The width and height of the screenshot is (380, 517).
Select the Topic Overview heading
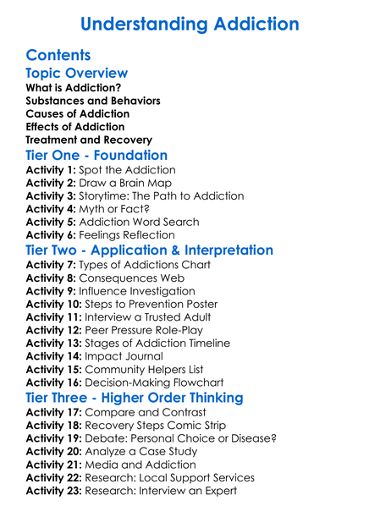[76, 73]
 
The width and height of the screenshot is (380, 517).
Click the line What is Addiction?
[73, 87]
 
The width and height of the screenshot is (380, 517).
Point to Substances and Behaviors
[92, 101]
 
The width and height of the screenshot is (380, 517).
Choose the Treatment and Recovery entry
[89, 140]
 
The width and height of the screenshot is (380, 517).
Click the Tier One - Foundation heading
[96, 155]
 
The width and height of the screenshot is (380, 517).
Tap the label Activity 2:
[50, 183]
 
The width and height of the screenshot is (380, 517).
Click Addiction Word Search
[143, 223]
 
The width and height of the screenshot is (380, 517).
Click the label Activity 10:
[53, 305]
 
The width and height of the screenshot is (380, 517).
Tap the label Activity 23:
[53, 491]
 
